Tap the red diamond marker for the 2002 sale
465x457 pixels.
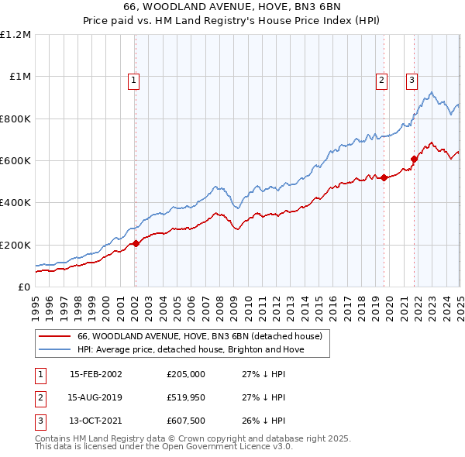(x=136, y=244)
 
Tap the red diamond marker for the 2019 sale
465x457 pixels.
(x=384, y=178)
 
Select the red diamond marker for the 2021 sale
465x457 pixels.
(x=415, y=160)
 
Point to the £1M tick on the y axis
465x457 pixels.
(x=20, y=77)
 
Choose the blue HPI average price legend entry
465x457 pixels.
(x=191, y=350)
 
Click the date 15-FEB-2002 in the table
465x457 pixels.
(x=96, y=373)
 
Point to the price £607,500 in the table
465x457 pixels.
(x=185, y=421)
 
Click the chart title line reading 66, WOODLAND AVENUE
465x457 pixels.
(x=232, y=6)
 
